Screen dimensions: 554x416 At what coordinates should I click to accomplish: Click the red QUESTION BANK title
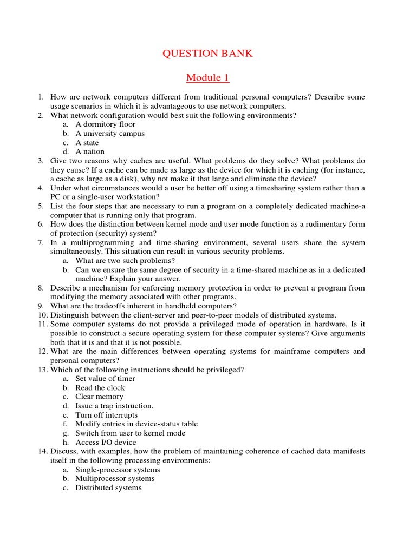pos(208,54)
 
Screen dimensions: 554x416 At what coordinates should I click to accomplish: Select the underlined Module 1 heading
pos(208,78)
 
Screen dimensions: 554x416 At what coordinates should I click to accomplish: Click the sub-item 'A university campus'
pos(110,134)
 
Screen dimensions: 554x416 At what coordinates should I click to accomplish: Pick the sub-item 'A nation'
pos(90,152)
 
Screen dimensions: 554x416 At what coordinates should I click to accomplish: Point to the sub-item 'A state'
pos(87,143)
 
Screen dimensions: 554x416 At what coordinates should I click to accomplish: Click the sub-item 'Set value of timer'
pos(105,379)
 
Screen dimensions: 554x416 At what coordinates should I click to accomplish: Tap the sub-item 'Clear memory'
pos(99,397)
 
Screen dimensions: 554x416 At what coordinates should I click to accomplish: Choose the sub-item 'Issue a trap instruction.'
pos(114,406)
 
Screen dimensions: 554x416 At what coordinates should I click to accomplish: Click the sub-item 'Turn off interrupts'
pos(106,415)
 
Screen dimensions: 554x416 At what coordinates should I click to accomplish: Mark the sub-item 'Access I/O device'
pos(105,442)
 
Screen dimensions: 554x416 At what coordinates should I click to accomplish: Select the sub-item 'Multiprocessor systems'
pos(115,478)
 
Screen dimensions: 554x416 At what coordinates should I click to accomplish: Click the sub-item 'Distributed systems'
pos(108,487)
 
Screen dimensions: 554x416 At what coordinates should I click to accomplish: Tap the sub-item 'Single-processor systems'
pos(118,470)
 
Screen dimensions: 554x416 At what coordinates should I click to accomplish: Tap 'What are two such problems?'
pos(125,261)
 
